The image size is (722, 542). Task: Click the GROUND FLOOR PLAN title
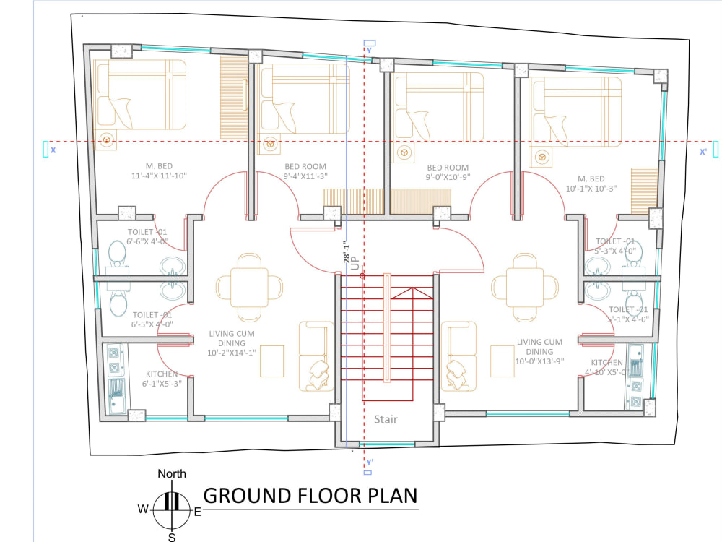click(310, 496)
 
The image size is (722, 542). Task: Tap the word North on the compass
click(172, 474)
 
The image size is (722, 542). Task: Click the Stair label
click(386, 419)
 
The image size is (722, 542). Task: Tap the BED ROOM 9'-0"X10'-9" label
click(448, 172)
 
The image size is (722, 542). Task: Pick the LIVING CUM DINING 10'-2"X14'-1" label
click(232, 343)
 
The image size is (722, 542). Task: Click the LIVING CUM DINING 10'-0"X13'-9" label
click(539, 351)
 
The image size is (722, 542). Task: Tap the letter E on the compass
click(197, 512)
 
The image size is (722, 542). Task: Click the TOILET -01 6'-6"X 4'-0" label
click(147, 237)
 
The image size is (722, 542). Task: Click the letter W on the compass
click(143, 509)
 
